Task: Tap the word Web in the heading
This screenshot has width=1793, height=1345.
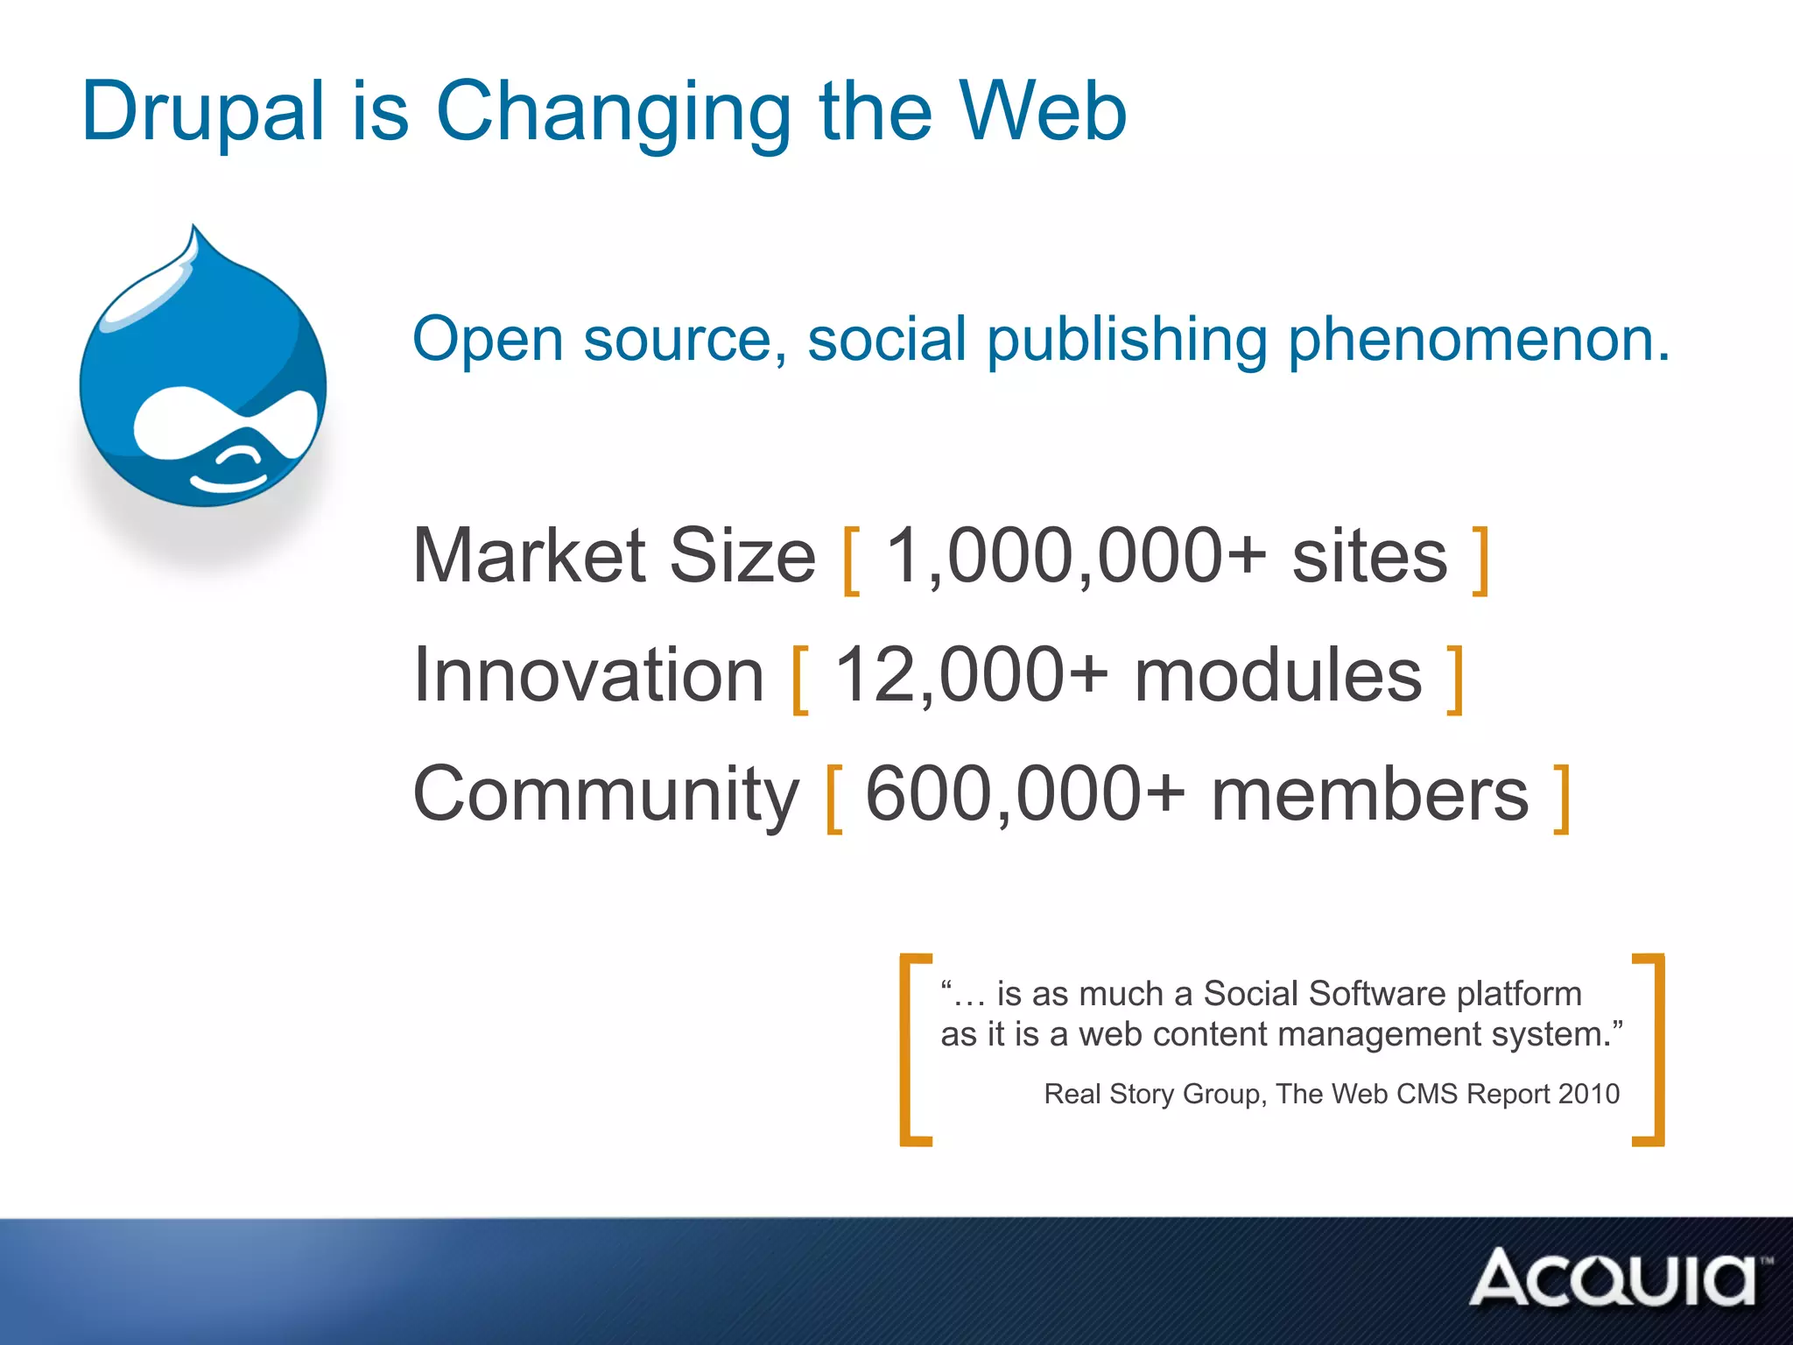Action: coord(1042,112)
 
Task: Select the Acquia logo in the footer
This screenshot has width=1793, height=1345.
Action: coord(1615,1278)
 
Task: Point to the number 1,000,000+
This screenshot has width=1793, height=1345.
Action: coord(1075,558)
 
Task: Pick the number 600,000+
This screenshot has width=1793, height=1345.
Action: coord(1024,795)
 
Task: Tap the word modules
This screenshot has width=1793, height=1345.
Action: coord(1278,677)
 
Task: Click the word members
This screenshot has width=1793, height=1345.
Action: coord(1370,795)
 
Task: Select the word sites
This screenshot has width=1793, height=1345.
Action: coord(1370,558)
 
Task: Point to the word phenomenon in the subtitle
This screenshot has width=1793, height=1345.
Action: coord(1480,340)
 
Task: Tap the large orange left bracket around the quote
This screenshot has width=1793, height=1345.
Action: coord(913,1049)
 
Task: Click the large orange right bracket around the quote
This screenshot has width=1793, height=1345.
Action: coord(1650,1049)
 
